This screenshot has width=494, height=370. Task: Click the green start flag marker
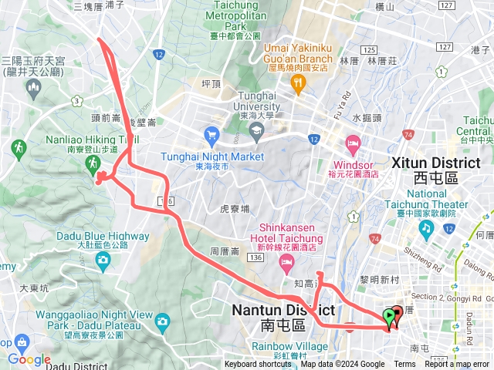click(387, 316)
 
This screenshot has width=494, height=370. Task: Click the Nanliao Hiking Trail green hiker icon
click(93, 163)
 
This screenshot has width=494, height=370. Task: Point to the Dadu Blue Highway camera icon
click(103, 261)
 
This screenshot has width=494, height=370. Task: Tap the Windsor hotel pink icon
click(353, 143)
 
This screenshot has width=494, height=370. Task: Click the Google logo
click(29, 359)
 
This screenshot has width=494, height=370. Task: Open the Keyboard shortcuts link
click(258, 365)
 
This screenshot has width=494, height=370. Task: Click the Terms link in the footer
click(404, 365)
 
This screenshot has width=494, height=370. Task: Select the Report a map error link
click(457, 365)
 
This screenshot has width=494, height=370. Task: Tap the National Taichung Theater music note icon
click(425, 229)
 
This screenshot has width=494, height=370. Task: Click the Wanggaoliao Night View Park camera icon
click(162, 321)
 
